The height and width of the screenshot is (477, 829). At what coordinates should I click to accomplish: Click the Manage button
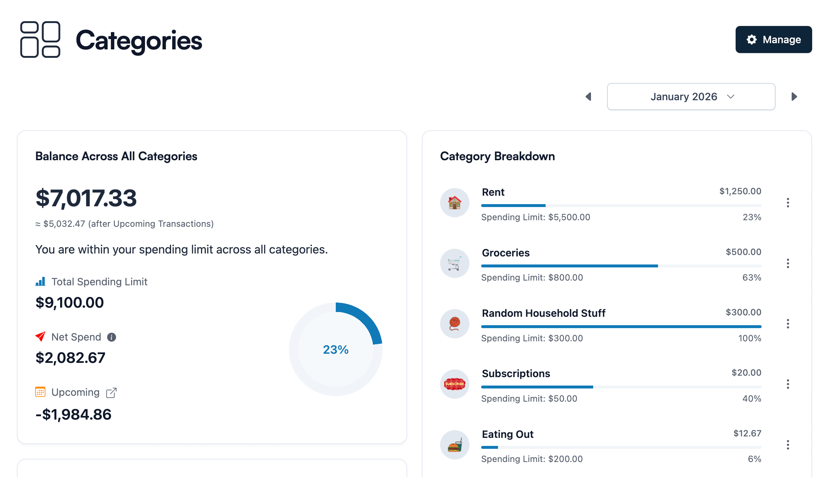(773, 40)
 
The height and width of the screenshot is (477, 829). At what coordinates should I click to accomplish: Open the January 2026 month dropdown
(691, 97)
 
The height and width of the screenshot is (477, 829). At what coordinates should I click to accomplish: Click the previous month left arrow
(588, 97)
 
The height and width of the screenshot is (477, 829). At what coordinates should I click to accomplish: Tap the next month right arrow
(794, 97)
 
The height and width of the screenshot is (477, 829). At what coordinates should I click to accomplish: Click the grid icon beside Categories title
(40, 40)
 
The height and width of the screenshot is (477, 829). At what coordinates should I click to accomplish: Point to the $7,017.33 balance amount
(86, 198)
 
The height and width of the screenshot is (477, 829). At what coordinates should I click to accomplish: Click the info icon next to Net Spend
(112, 337)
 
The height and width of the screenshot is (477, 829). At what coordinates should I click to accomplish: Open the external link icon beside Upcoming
(111, 393)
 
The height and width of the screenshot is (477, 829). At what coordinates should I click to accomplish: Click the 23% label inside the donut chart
(335, 350)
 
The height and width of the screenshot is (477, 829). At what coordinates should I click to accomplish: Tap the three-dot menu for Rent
(788, 203)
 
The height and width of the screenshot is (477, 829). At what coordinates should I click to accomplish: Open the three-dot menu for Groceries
(788, 263)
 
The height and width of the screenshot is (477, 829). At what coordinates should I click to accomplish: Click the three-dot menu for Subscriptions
(788, 384)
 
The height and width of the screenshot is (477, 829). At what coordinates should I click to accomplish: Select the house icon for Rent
(454, 203)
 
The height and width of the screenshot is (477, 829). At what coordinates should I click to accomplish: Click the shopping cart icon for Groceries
(454, 263)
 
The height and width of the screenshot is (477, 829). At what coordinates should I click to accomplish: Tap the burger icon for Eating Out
(454, 445)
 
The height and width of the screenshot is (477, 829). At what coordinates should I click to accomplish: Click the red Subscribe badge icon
(454, 384)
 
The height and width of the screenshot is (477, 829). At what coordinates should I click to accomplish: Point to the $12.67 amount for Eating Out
(747, 433)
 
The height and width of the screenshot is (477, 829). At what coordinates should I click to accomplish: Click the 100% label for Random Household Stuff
(750, 338)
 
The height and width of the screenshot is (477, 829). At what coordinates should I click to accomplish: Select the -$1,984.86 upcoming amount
(73, 415)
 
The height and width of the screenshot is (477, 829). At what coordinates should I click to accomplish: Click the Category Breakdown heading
(497, 156)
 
